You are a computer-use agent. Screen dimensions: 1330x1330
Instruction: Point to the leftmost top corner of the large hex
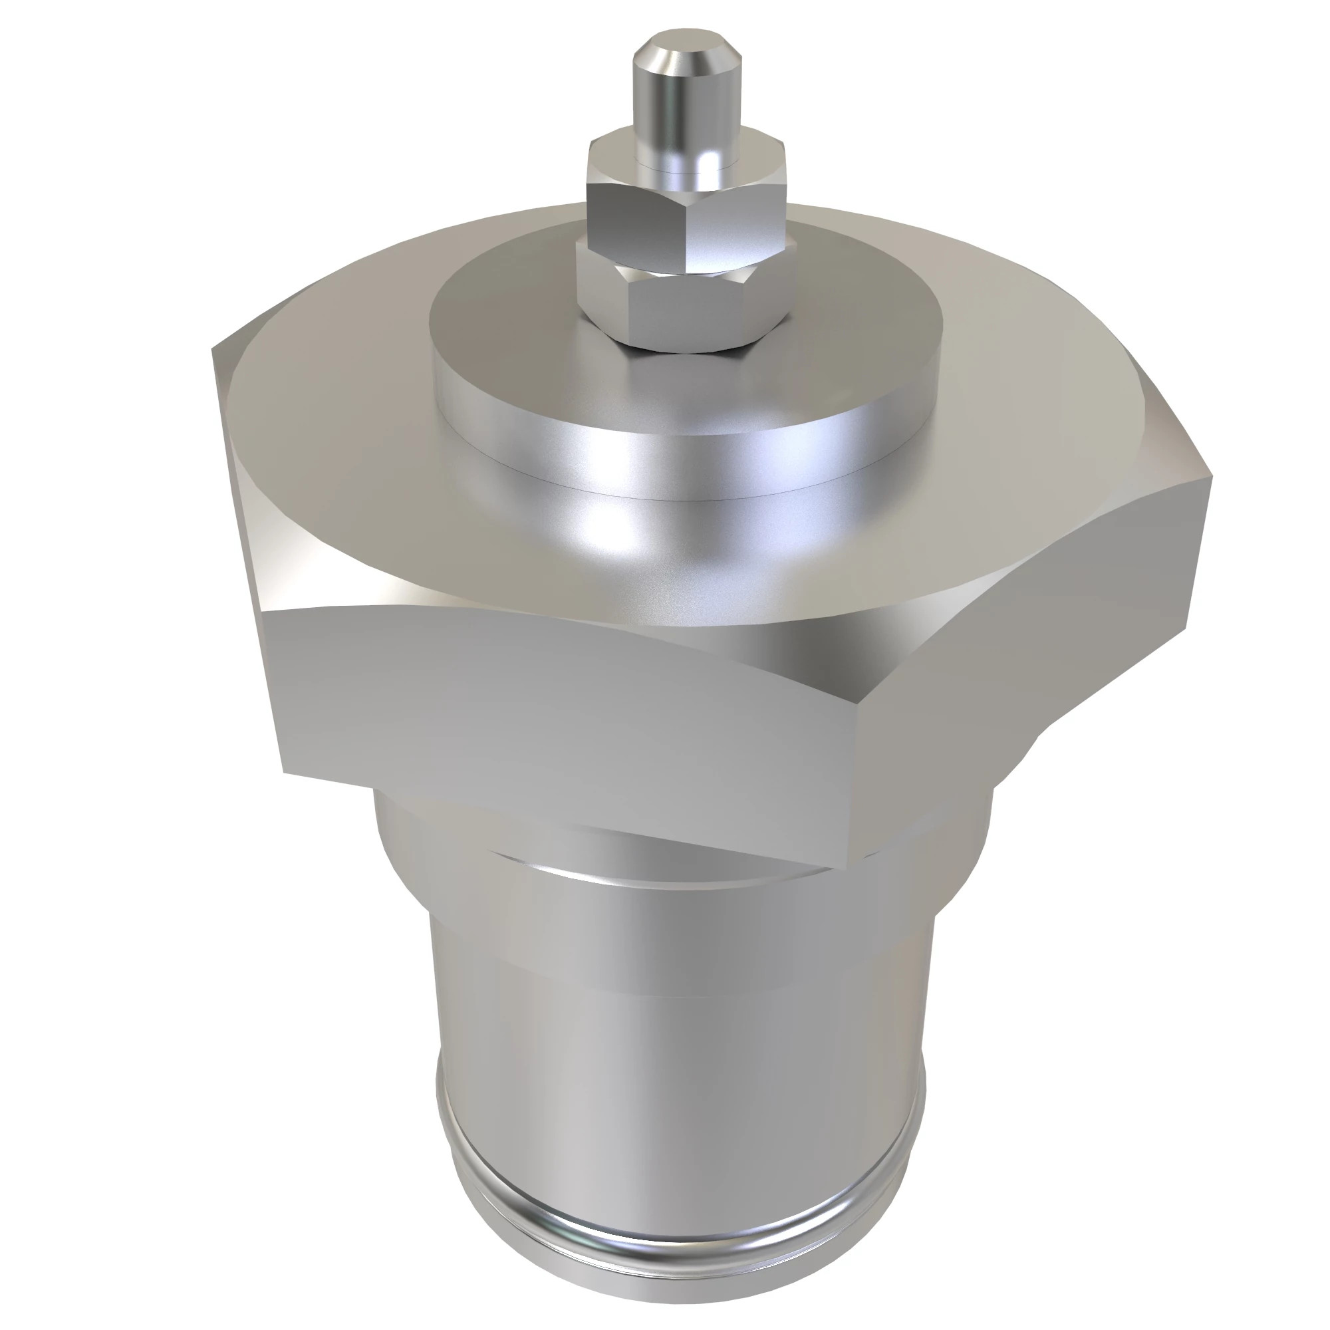coord(213,348)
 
